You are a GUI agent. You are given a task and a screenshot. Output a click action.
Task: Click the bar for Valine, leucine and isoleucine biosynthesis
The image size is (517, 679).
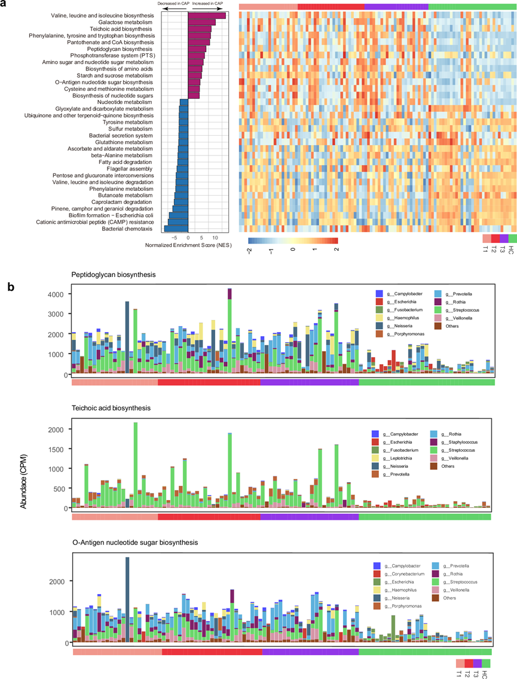coord(206,16)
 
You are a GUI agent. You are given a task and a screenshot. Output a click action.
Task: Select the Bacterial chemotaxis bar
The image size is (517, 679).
coord(176,228)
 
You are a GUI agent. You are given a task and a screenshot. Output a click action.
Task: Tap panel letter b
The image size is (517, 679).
coord(11,287)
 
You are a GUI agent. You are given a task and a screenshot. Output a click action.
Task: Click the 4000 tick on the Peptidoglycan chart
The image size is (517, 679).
coord(56,294)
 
